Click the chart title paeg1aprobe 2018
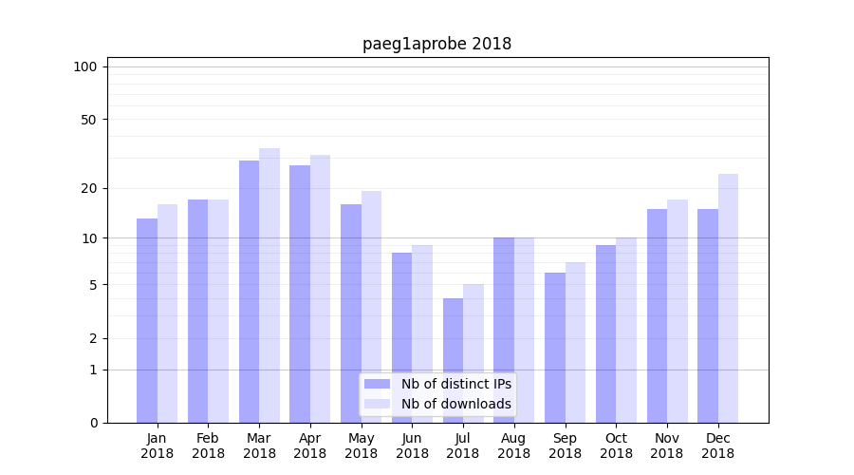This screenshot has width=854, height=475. coord(436,44)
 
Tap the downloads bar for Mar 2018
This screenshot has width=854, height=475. coord(269,285)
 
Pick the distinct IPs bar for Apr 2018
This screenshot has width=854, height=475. coord(300,294)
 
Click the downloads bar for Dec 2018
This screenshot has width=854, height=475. coord(728,298)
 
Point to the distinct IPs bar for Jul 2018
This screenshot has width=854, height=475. coord(453,360)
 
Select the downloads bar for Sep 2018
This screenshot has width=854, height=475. coord(575,342)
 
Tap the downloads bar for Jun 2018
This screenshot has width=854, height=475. coord(422,333)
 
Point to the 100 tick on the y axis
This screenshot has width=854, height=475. coord(85,66)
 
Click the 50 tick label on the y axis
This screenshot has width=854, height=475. coord(88,120)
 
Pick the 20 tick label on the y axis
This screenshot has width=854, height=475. coord(88,188)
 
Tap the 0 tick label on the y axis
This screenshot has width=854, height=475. coord(93,423)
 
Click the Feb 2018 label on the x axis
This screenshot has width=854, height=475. coord(208,446)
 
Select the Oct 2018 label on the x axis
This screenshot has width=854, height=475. coord(616,446)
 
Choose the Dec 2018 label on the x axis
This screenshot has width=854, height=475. coord(718,446)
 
